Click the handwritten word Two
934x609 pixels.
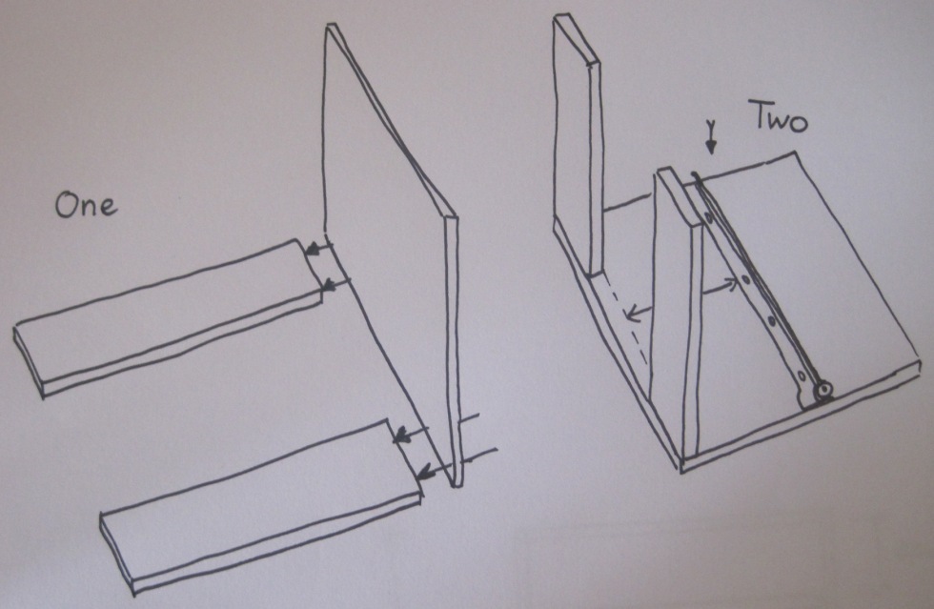coord(781,116)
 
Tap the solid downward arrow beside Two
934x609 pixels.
coord(709,136)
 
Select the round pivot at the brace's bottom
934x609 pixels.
coord(824,391)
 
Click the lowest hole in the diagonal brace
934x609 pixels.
coord(802,376)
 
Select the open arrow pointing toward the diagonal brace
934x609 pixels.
coord(720,287)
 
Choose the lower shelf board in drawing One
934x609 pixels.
coord(262,506)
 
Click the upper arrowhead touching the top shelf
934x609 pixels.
coord(312,251)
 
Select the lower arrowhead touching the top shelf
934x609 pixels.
coord(329,286)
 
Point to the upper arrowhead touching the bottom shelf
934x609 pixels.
coord(402,436)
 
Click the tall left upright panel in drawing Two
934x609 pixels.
coord(576,149)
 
